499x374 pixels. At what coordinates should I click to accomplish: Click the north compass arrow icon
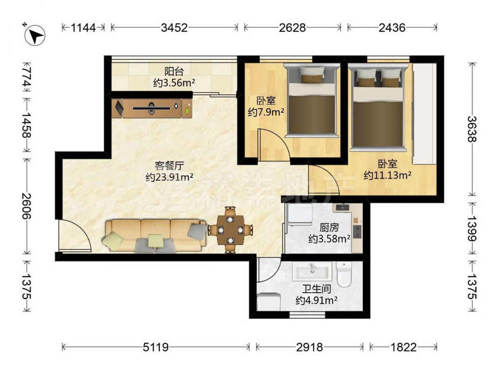tap(35, 35)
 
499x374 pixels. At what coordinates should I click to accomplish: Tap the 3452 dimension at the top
tap(174, 27)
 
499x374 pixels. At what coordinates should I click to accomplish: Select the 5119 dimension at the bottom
tap(155, 347)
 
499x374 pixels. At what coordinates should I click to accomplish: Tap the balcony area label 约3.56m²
tap(174, 83)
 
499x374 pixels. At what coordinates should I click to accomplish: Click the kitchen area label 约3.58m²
tap(329, 238)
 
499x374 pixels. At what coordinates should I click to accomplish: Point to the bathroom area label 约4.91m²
tap(316, 300)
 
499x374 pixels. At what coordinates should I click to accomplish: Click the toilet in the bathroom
tap(343, 274)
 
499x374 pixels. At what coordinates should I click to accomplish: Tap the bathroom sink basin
tap(312, 271)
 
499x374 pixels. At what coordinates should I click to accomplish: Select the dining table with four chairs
tap(231, 229)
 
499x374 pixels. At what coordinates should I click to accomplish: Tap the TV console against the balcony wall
tap(152, 108)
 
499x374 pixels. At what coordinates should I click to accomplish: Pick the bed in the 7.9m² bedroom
tap(311, 100)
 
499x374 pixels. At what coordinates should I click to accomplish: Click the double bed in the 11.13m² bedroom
tap(378, 107)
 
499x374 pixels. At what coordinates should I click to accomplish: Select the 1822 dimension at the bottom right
tap(404, 347)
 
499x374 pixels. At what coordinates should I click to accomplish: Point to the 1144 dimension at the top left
tap(83, 27)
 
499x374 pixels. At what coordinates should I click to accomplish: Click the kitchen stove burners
tap(357, 232)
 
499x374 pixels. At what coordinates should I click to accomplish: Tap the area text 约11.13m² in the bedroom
tap(388, 175)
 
